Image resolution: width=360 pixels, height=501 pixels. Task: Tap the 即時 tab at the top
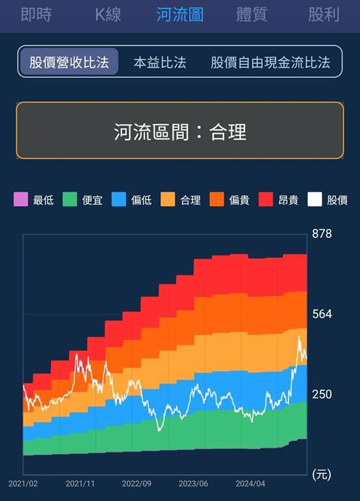coord(36,14)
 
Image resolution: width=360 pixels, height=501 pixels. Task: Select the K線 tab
coord(108,14)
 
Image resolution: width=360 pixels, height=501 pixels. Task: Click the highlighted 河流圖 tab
coord(180,14)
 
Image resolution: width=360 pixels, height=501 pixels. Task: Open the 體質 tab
coord(251,14)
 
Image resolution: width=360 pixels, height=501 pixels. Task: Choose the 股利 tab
coord(324,14)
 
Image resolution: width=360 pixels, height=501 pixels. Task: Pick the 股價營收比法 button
coord(69,62)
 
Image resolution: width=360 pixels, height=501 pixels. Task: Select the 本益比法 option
coord(160,62)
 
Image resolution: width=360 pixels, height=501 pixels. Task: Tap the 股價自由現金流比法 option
coord(270,62)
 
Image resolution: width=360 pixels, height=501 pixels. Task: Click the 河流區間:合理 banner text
coord(180,133)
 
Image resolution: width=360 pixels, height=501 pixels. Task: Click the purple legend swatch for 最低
coord(21,199)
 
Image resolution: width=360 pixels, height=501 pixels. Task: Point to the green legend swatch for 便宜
coord(70,199)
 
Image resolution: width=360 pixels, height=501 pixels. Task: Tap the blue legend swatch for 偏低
coord(118,199)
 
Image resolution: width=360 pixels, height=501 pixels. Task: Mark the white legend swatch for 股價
coord(315,199)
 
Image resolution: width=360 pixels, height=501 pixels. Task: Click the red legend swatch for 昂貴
coord(265,199)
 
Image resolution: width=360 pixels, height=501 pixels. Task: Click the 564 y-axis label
coord(322,315)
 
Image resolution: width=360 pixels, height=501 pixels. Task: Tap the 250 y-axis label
coord(322,394)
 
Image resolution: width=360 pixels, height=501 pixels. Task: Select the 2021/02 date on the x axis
coord(23,483)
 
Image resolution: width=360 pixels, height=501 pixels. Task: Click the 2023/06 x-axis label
coord(193,483)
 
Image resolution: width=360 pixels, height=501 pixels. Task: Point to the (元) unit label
coord(322,475)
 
